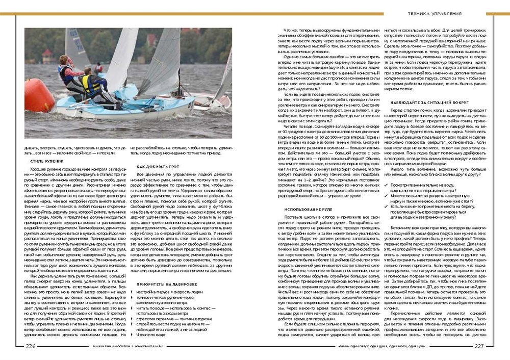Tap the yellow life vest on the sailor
92,84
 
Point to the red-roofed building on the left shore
47,54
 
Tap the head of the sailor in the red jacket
64,58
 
